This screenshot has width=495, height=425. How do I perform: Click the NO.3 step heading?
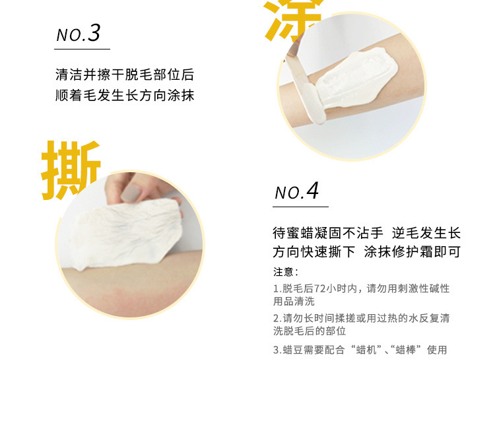pos(79,33)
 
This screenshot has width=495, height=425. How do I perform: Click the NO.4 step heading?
pos(297,191)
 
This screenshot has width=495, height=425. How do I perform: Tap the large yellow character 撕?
pos(71,170)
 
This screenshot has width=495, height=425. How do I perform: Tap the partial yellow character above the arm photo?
pos(292,20)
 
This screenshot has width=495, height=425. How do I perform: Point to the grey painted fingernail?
pos(131,192)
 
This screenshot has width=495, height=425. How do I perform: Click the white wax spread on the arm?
pos(355,79)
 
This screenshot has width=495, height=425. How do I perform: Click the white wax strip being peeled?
pos(126,234)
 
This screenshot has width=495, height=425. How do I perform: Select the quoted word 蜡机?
pos(366,350)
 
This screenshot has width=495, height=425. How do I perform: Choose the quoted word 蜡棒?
pos(406,350)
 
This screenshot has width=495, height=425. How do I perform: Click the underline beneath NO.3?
pos(82,49)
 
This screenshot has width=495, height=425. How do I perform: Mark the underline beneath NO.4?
pos(300,207)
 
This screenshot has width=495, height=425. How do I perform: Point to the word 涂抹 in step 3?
pos(181,95)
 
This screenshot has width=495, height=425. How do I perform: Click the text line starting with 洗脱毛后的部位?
pos(310,331)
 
